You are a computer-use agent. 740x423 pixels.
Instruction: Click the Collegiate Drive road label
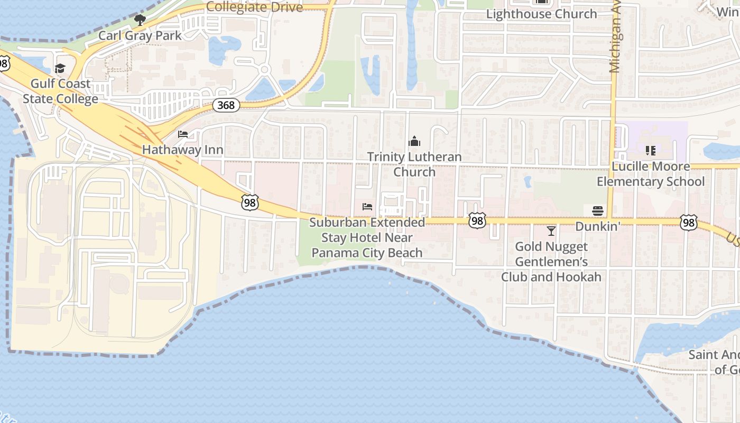254,7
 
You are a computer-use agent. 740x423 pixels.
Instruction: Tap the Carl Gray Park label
140,35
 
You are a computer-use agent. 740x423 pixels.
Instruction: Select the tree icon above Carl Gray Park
140,21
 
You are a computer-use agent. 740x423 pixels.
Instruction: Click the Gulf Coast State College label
60,91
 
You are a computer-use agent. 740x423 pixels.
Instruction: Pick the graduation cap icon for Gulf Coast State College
60,69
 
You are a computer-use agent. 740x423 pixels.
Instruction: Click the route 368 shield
226,105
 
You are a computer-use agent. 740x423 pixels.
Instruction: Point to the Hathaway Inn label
182,150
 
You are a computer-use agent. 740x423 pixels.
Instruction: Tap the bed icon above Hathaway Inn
183,134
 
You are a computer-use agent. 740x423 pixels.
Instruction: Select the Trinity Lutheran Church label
414,164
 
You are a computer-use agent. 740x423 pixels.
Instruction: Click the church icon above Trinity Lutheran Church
414,141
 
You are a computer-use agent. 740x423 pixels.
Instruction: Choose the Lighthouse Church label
541,14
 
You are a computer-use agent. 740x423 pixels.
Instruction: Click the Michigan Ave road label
615,37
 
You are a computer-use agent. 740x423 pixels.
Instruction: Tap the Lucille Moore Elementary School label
651,174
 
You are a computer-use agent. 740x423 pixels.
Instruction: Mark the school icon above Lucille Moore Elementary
651,151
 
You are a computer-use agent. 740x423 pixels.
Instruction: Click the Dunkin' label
597,226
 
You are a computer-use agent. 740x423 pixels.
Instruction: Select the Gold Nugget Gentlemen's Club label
551,262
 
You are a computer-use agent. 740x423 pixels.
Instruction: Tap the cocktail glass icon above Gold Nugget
551,231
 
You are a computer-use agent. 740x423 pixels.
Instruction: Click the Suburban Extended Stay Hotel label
367,237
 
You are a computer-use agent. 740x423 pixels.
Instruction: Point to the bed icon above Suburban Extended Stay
367,207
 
